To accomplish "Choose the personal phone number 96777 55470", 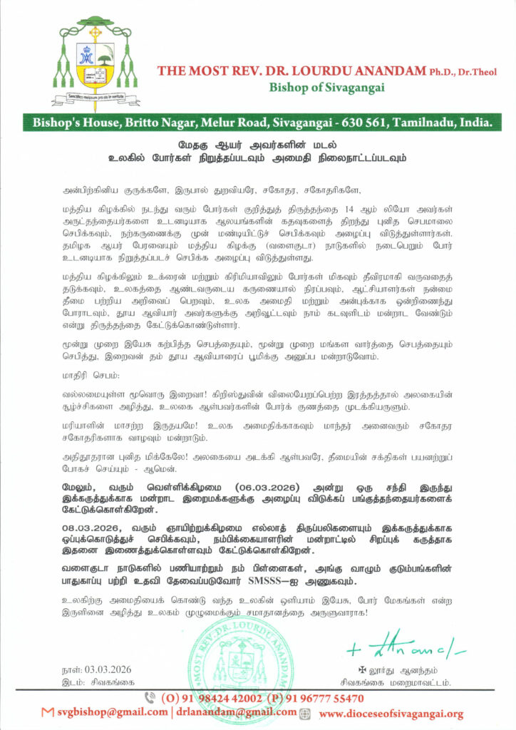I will (331, 698).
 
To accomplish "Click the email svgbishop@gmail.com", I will (108, 712).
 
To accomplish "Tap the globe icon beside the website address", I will (305, 713).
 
